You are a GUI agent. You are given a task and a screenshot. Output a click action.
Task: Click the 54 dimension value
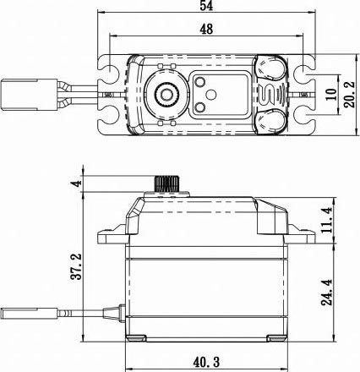pyautogui.click(x=206, y=5)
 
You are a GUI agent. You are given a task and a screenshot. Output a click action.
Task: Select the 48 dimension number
pyautogui.click(x=206, y=29)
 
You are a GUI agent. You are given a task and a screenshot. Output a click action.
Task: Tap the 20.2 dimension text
pyautogui.click(x=349, y=95)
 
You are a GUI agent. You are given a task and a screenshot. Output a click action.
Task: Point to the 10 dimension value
pyautogui.click(x=331, y=94)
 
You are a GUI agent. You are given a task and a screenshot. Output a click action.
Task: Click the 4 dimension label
pyautogui.click(x=76, y=183)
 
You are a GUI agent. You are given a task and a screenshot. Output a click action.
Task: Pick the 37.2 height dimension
pyautogui.click(x=76, y=266)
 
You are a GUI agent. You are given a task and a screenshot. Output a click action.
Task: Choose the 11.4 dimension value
pyautogui.click(x=327, y=220)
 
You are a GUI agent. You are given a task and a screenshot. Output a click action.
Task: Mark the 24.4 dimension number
pyautogui.click(x=327, y=293)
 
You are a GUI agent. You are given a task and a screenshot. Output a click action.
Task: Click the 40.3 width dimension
pyautogui.click(x=206, y=362)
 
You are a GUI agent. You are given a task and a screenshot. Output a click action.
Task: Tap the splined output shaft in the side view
pyautogui.click(x=166, y=184)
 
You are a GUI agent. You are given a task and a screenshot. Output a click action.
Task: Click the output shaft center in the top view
pyautogui.click(x=166, y=95)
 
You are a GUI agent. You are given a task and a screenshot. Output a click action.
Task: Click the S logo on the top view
pyautogui.click(x=266, y=95)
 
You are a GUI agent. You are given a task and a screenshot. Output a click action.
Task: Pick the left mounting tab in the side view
pyautogui.click(x=112, y=235)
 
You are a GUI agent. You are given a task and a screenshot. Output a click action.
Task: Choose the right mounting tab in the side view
pyautogui.click(x=302, y=235)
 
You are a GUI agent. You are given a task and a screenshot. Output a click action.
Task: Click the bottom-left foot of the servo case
pyautogui.click(x=136, y=338)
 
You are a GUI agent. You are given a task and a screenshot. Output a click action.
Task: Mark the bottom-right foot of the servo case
pyautogui.click(x=277, y=338)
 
